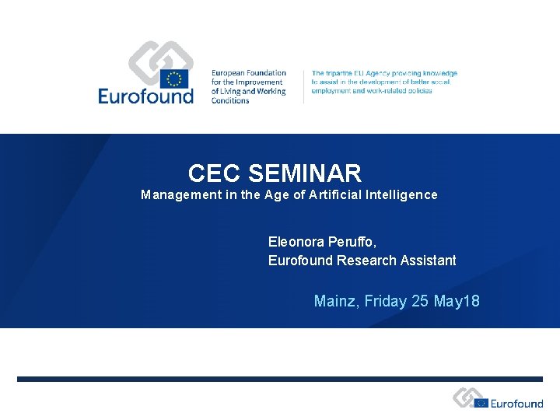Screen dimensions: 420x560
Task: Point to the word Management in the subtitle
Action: [180, 195]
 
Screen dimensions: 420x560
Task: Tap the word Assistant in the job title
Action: [428, 261]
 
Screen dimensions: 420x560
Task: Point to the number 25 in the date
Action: [420, 301]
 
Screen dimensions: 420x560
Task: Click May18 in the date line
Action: [459, 301]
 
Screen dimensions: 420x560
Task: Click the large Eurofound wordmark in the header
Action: [145, 96]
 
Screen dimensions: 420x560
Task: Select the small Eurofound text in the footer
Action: [517, 404]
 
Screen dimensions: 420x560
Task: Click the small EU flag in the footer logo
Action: [481, 403]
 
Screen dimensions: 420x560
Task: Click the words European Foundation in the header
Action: [248, 73]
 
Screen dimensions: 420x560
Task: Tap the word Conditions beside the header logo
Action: [230, 100]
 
